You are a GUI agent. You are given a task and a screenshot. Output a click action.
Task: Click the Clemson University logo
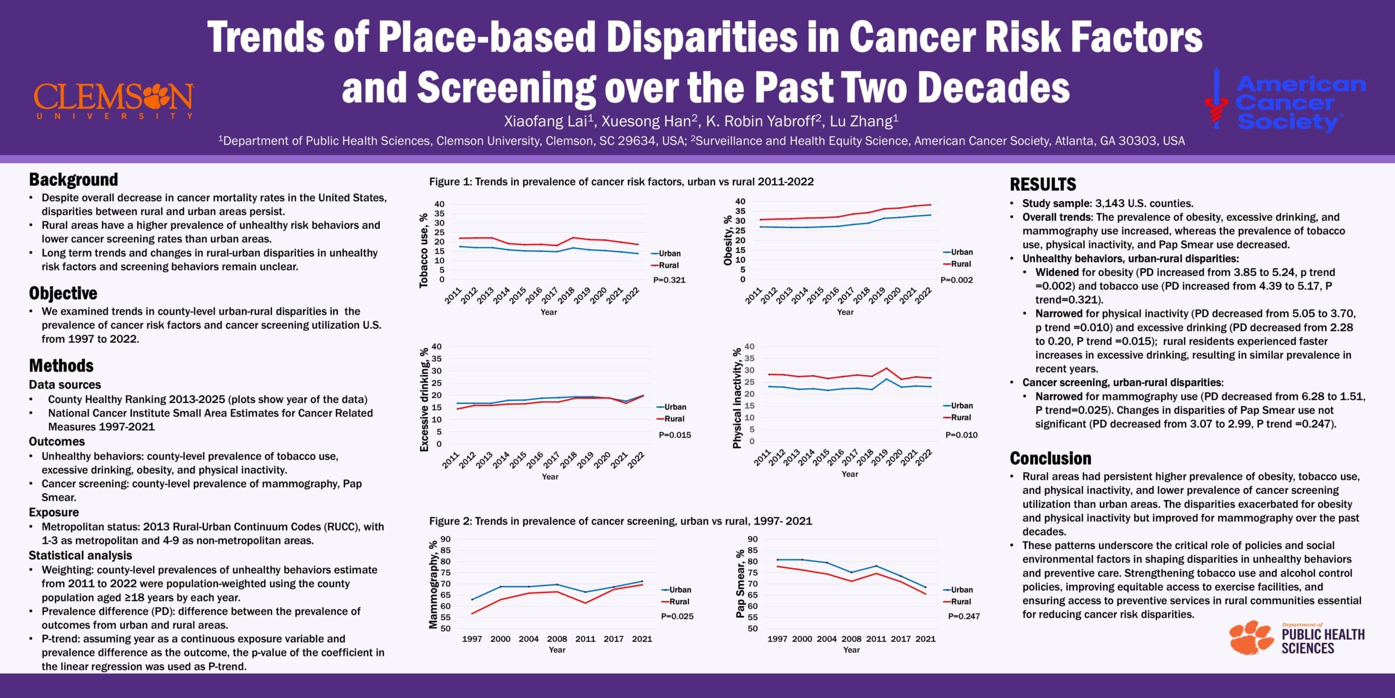point(113,100)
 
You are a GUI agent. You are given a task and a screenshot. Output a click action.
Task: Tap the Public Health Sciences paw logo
point(1297,637)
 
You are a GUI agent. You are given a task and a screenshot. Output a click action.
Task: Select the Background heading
point(74,179)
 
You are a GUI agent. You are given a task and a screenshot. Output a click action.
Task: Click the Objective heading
point(63,293)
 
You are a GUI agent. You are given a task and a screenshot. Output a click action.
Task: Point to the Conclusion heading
point(1050,458)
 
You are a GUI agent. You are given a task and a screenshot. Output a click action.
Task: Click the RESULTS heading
point(1043,184)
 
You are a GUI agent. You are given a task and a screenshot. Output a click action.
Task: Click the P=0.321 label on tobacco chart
point(669,280)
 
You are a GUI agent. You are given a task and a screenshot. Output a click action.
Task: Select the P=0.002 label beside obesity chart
point(956,280)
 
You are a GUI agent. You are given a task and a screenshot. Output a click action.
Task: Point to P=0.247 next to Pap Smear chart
point(963,616)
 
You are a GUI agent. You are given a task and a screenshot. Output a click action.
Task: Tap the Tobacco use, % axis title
point(423,250)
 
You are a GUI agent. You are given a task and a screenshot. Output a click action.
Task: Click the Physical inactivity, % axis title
point(737,398)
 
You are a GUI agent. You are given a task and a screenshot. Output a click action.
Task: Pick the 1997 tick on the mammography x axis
point(472,639)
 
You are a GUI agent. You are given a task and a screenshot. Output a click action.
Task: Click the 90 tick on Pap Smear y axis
point(753,539)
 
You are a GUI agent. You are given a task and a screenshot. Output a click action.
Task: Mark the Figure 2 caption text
point(620,521)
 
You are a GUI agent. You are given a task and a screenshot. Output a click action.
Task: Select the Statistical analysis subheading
point(80,555)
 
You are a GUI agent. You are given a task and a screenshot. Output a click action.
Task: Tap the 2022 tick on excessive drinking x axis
point(636,460)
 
